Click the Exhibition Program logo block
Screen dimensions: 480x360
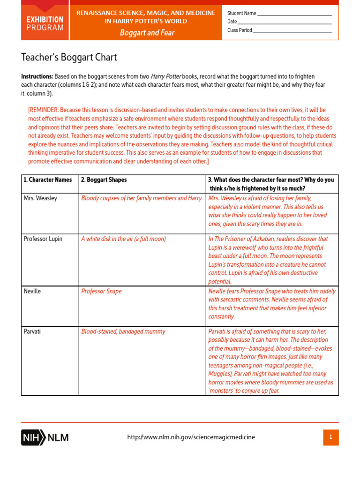click(45, 23)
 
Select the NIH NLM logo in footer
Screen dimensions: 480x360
click(45, 437)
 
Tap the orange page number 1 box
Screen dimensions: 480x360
click(330, 437)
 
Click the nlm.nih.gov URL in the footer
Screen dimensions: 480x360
click(191, 437)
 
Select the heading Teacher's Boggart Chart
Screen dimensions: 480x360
click(69, 58)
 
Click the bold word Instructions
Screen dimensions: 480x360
click(37, 76)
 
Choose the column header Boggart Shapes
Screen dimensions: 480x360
click(104, 180)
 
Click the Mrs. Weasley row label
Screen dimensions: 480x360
click(40, 198)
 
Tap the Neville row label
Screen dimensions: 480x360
click(32, 291)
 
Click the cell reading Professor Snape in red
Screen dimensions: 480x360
click(101, 291)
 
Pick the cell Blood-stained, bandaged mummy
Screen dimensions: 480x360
click(123, 331)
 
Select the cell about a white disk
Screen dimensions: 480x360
click(124, 239)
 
